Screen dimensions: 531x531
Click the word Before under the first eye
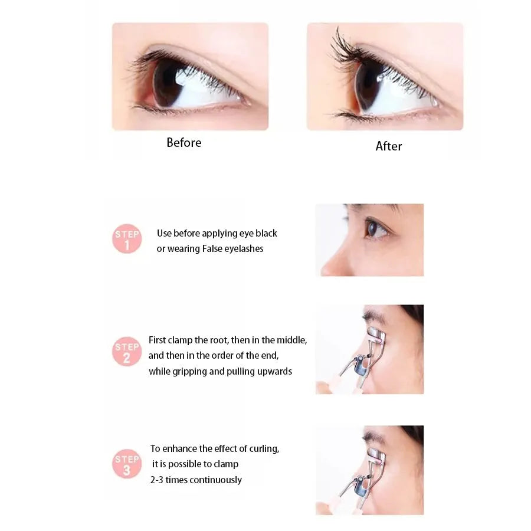coord(183,143)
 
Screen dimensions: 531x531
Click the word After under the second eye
coord(389,146)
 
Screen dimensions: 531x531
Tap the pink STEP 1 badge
coord(127,239)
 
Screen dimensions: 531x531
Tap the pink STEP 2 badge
coord(127,351)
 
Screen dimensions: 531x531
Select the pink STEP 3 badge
coord(127,463)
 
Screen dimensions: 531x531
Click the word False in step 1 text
coord(213,249)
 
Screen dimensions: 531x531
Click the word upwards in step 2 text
coord(274,372)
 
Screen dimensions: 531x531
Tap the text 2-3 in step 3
coord(156,480)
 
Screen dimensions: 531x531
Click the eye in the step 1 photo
coord(375,228)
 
